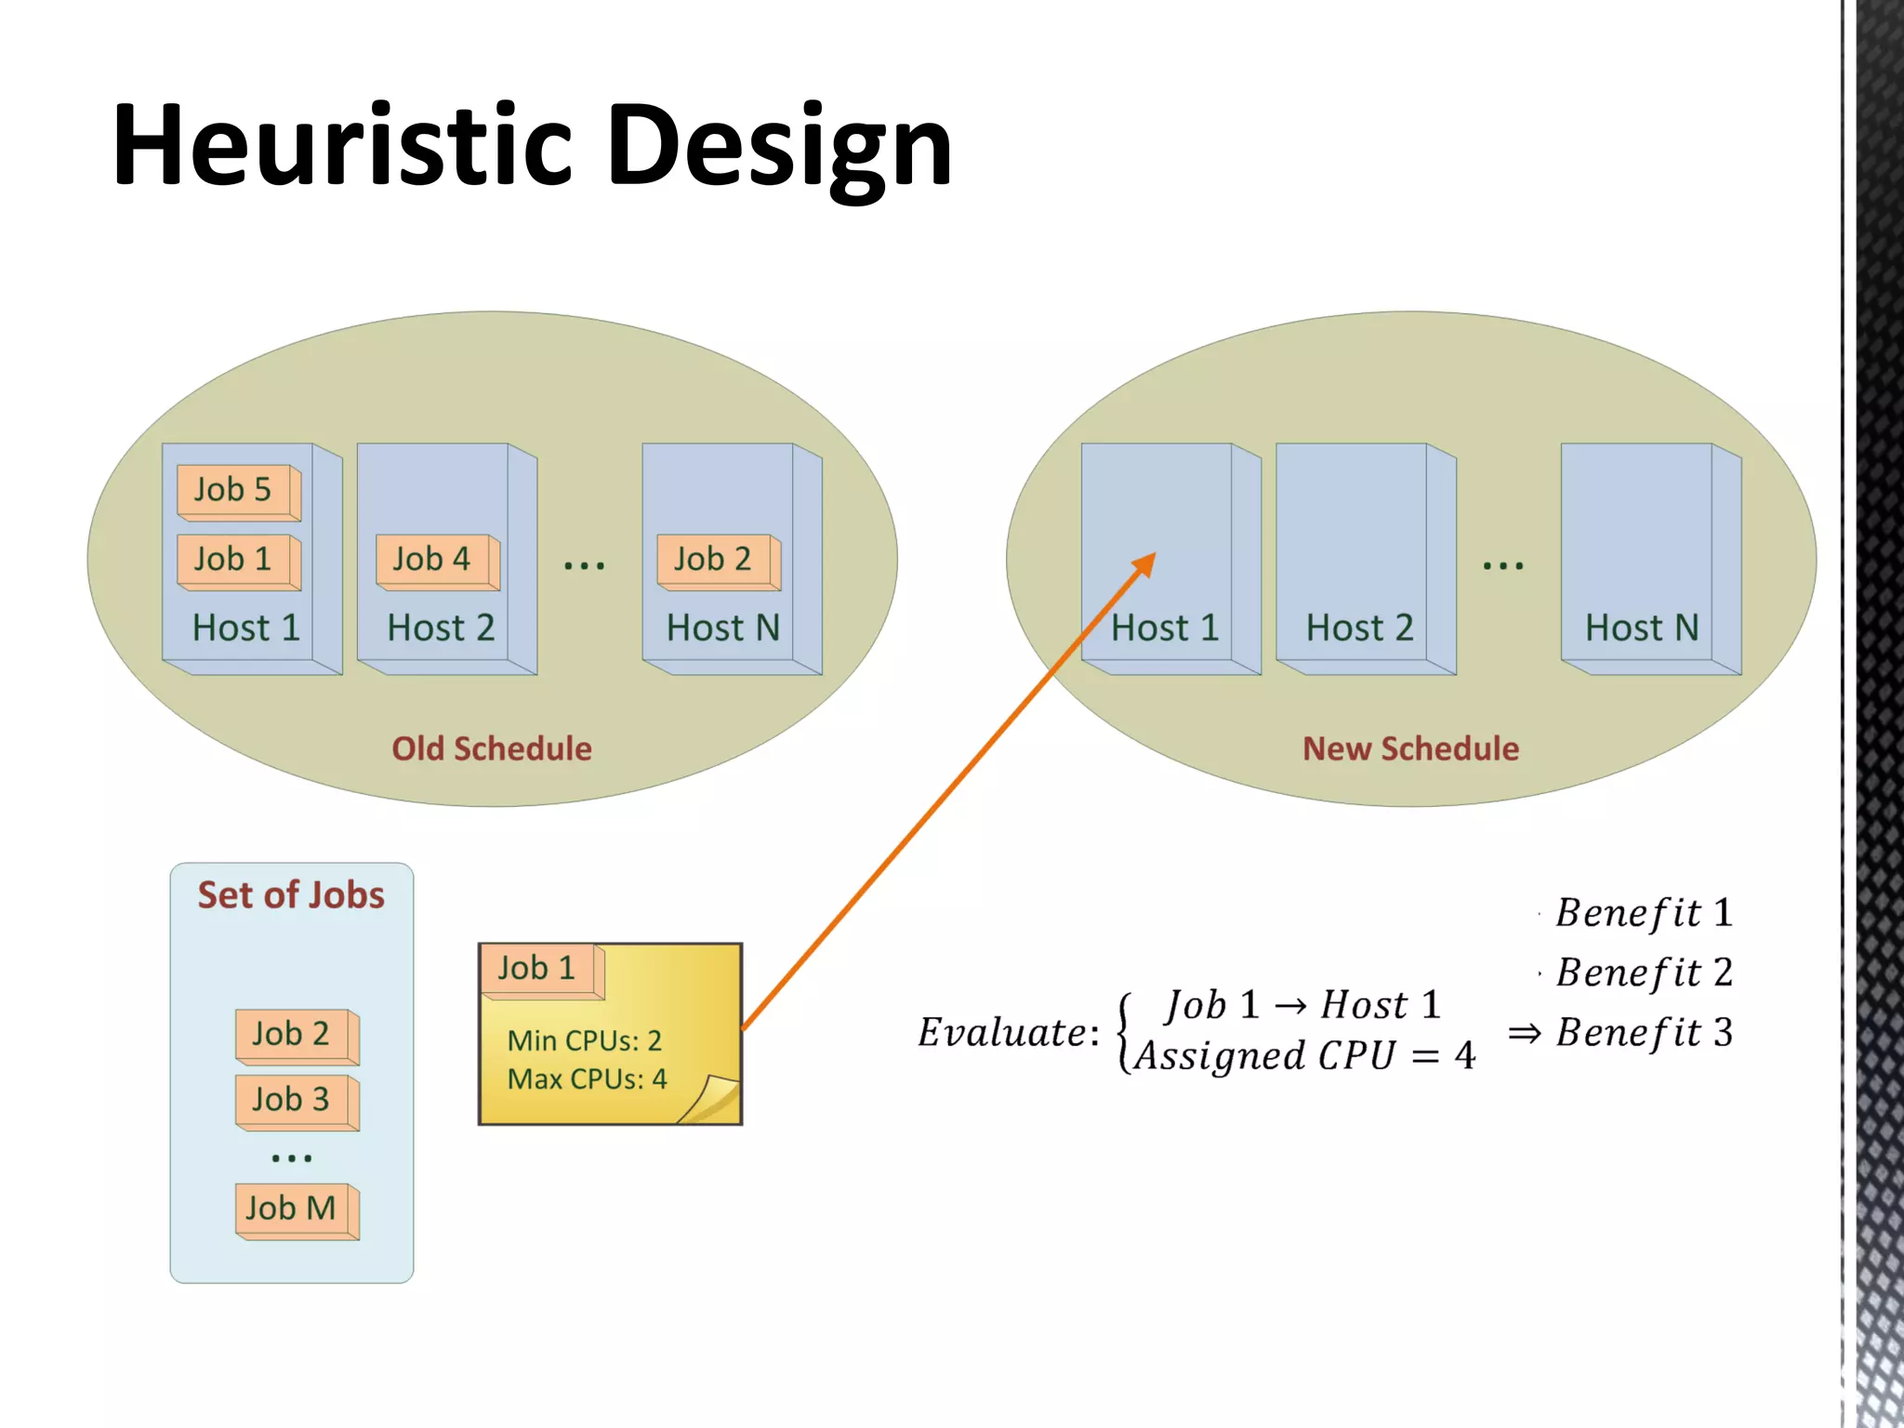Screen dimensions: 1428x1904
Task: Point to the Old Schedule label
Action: pos(491,748)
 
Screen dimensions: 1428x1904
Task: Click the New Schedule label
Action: pos(1410,748)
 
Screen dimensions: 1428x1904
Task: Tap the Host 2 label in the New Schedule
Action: pos(1359,628)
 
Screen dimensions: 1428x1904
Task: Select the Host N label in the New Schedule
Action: pos(1641,628)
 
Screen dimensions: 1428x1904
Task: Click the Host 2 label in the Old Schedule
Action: pos(441,628)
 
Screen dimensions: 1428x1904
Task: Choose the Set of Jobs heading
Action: pos(291,895)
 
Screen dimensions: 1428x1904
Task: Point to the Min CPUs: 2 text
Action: pos(584,1040)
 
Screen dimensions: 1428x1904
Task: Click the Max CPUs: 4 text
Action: pos(587,1079)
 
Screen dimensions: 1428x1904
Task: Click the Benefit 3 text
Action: pos(1644,1033)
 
